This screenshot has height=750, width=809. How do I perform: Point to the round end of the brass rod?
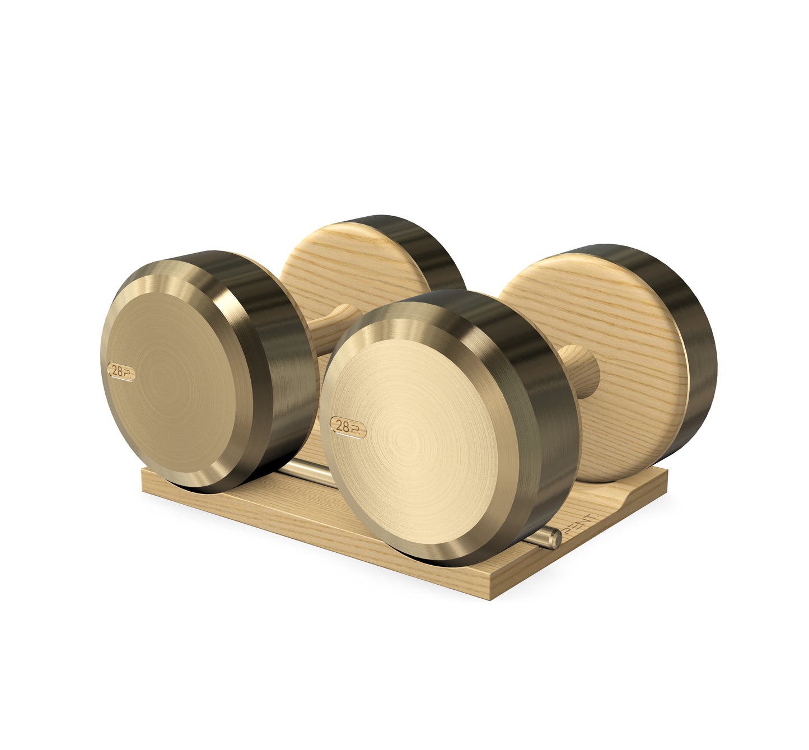pos(554,539)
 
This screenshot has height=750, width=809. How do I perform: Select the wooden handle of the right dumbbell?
pos(579,369)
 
